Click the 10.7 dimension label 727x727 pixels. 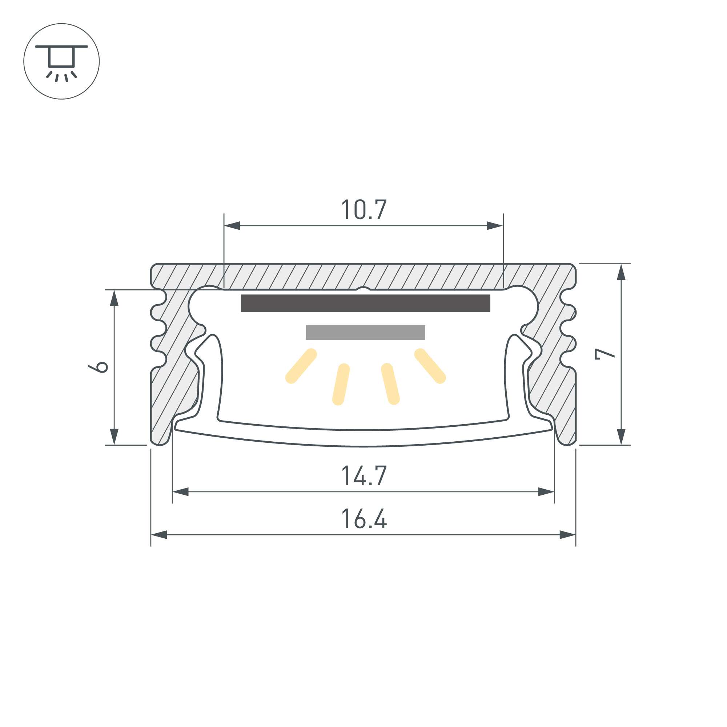(x=364, y=210)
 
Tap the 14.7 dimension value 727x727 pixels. (x=364, y=475)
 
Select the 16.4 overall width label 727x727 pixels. (x=364, y=519)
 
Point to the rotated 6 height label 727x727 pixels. (x=98, y=367)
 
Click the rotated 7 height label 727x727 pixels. (x=605, y=354)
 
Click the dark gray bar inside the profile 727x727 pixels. (x=365, y=303)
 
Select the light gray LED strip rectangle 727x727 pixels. (x=365, y=332)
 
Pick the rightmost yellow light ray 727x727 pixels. (x=430, y=366)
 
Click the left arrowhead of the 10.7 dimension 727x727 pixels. (x=232, y=226)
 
